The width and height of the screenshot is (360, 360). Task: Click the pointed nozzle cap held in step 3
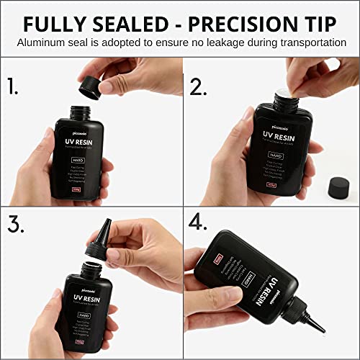coord(99,246)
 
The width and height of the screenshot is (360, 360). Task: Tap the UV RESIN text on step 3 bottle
coord(87,297)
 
